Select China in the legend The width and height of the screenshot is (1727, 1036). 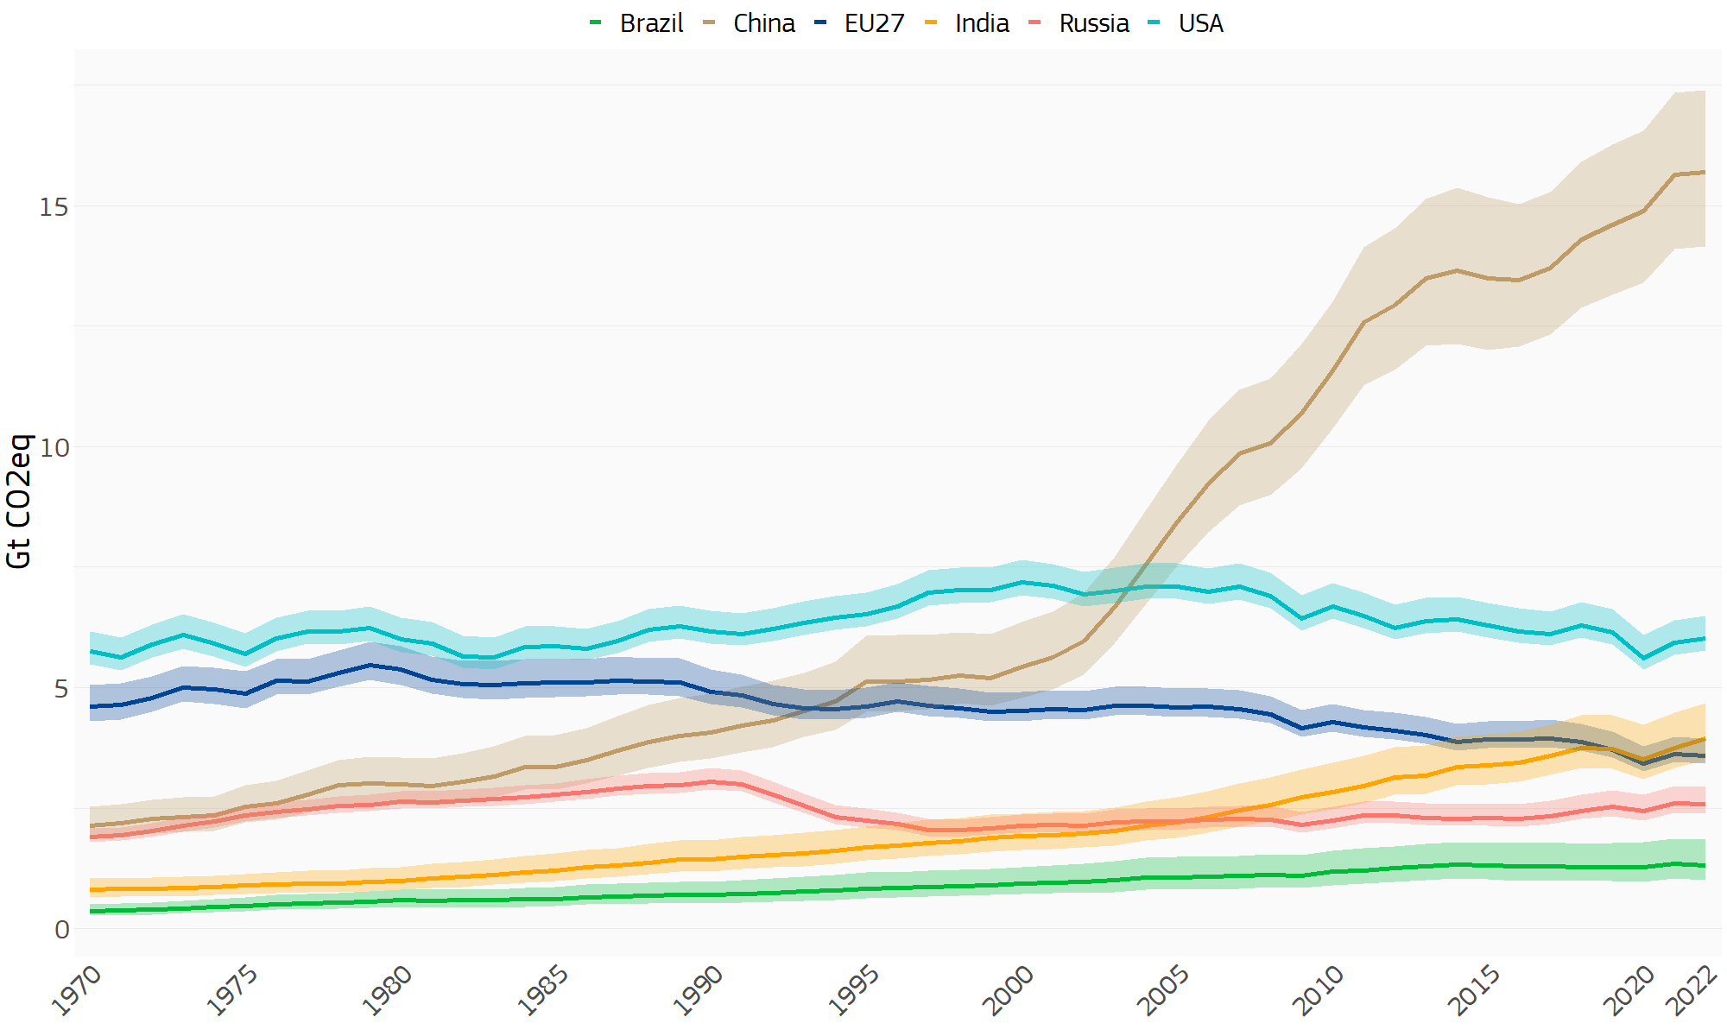(749, 23)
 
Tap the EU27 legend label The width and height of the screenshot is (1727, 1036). (859, 23)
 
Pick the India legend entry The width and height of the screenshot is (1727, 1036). (967, 23)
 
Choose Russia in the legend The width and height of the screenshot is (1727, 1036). (1079, 23)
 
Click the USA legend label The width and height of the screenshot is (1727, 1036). (1186, 23)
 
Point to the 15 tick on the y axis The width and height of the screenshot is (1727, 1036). (54, 206)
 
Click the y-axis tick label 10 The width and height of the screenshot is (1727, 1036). (54, 447)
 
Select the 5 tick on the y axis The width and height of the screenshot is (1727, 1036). (61, 688)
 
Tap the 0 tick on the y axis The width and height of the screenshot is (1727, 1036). (61, 929)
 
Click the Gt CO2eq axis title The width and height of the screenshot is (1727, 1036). (18, 501)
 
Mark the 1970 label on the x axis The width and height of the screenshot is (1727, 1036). (77, 991)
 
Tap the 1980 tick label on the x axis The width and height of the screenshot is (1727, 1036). (388, 991)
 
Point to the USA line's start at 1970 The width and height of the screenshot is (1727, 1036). (91, 651)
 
